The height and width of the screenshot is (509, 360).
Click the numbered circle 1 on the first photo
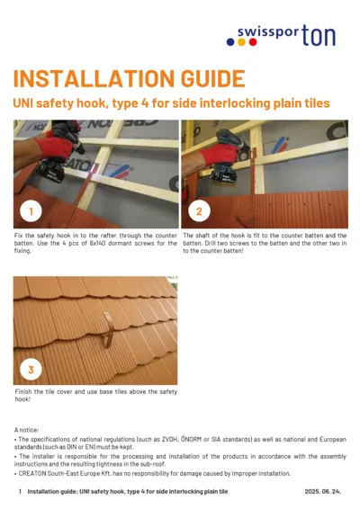pos(31,212)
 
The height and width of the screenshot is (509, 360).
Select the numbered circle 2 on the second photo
pos(199,212)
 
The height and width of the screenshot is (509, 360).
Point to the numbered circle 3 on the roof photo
pos(31,370)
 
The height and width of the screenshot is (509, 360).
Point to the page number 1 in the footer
pos(20,492)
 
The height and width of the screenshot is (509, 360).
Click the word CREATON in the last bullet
pos(37,473)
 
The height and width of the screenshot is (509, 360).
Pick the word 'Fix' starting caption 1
pos(20,235)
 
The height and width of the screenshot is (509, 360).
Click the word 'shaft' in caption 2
pos(205,235)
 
